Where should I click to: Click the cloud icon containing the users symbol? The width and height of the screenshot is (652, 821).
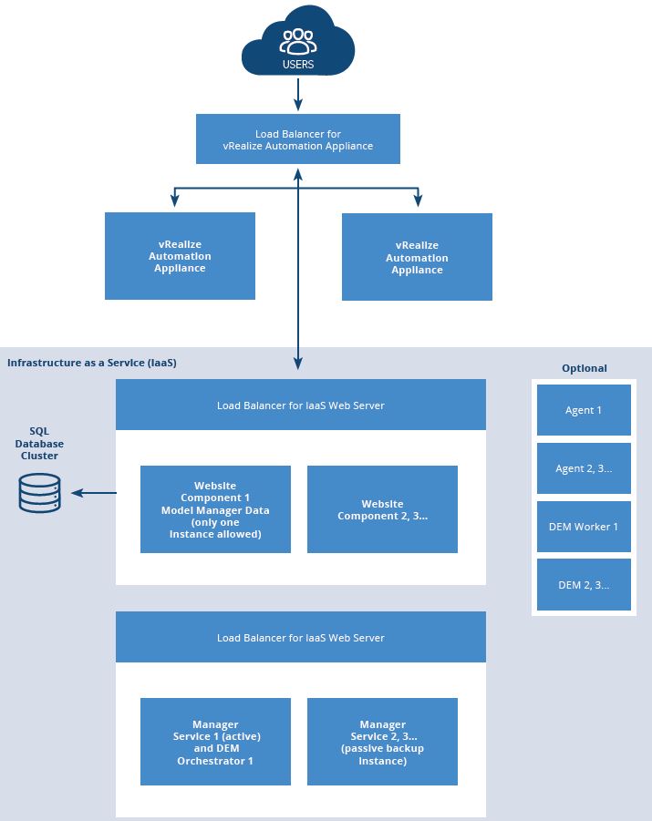297,41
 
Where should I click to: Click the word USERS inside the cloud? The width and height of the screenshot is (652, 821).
297,65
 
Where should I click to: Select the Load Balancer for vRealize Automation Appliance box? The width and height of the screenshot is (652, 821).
298,139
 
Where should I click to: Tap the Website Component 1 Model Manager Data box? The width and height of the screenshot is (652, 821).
215,509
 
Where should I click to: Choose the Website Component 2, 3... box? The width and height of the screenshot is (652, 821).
382,509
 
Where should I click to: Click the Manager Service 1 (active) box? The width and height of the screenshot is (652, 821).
215,742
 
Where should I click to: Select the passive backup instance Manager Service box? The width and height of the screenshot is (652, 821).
382,742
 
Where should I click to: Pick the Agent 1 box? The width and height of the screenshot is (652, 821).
584,410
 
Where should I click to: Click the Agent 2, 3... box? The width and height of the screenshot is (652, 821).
584,468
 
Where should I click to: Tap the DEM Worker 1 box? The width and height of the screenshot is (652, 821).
584,527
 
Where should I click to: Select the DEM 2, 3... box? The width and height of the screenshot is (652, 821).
584,585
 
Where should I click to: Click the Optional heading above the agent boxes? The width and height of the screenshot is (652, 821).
584,368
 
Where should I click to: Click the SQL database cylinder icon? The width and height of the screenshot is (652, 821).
39,493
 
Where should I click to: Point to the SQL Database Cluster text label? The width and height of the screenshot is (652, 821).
39,443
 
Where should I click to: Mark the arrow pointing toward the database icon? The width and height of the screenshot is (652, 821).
94,493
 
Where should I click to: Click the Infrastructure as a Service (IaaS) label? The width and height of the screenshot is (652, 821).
91,363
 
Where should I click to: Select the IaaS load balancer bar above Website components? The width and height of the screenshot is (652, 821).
300,405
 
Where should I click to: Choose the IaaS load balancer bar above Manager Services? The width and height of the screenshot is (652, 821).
300,637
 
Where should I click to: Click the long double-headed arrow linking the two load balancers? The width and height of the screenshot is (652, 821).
298,273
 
